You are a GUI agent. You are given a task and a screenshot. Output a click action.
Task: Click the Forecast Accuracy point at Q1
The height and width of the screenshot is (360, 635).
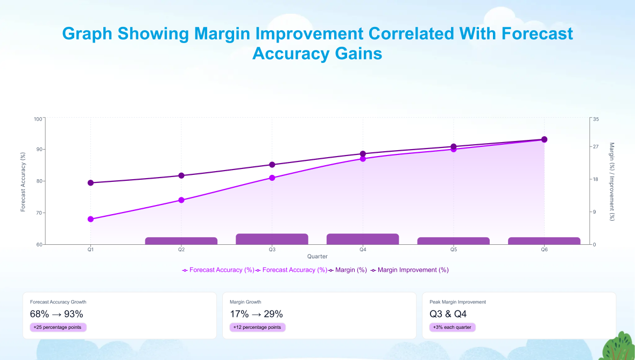tap(91, 219)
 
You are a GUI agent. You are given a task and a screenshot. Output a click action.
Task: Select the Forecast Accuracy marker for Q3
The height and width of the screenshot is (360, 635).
tap(272, 178)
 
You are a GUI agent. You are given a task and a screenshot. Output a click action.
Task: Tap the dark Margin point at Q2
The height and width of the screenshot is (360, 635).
tap(181, 175)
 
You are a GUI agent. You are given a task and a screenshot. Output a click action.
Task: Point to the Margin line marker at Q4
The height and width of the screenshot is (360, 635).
tap(363, 154)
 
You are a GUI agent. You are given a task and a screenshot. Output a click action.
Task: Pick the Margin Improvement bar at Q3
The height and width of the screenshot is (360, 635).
tap(272, 239)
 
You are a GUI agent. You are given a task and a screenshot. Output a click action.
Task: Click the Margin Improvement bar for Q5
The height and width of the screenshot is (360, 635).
tap(454, 241)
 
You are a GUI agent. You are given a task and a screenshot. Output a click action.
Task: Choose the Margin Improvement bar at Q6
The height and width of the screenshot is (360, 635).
tap(544, 241)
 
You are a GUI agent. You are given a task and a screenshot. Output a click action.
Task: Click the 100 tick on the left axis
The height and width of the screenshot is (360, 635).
tap(38, 119)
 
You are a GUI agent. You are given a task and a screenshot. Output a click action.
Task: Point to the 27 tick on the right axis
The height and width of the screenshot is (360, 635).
tap(596, 146)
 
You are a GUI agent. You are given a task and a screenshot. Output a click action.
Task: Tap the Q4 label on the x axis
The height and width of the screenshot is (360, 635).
tap(363, 250)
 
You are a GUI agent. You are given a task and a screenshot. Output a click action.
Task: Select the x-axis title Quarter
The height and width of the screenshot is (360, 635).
tap(317, 256)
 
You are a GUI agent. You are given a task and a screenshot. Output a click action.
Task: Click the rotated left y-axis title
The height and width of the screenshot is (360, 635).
tap(23, 182)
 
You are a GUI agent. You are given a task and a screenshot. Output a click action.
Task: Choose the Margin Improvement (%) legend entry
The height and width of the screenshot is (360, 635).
tap(410, 270)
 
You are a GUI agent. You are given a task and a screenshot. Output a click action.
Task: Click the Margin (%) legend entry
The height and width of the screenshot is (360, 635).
tap(348, 270)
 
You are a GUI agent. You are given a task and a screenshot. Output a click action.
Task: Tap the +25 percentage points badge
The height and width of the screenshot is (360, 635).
tap(58, 327)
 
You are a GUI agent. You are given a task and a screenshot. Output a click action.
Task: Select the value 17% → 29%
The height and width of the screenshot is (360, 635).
tap(256, 314)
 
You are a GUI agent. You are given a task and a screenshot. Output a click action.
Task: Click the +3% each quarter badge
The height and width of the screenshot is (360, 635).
tap(453, 327)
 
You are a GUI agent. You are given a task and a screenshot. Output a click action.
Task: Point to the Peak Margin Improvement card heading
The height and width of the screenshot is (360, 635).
tap(457, 302)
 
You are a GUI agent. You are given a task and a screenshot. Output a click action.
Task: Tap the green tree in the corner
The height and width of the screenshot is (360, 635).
tap(619, 347)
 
